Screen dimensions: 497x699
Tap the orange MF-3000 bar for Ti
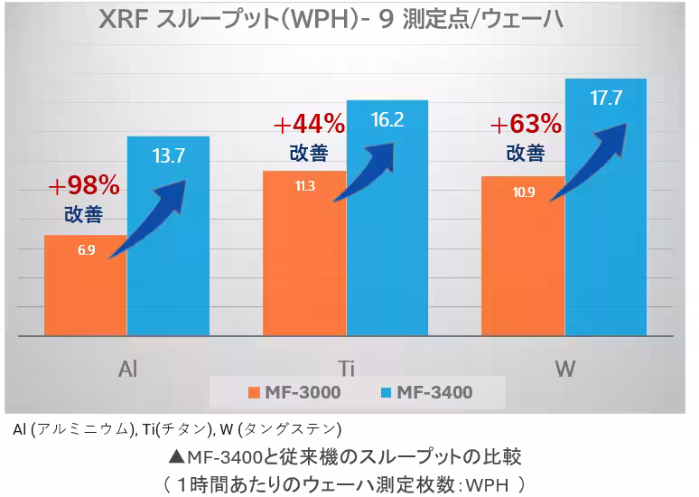(304, 262)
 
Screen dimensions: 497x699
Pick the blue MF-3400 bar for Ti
(387, 235)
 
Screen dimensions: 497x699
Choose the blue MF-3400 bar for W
(606, 226)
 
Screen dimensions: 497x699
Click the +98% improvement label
(83, 186)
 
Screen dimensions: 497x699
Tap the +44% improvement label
(309, 123)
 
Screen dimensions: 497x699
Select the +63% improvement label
(526, 122)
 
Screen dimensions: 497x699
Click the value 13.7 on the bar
(169, 155)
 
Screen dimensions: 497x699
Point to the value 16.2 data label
(387, 118)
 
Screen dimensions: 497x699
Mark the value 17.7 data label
(606, 98)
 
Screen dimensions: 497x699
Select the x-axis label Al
(127, 368)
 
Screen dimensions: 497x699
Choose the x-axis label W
(564, 368)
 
